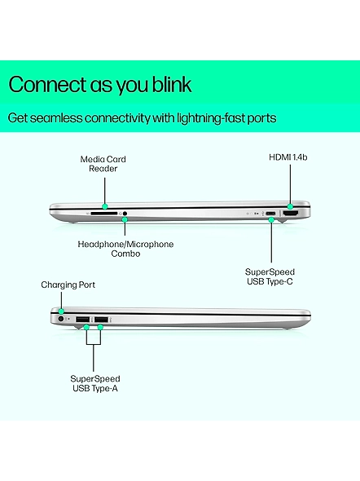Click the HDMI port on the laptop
291,214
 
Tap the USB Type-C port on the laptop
270,214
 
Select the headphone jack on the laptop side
125,214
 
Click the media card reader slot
104,213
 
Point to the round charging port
60,319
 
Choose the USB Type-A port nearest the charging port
83,320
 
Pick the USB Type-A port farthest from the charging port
102,320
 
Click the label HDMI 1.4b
288,157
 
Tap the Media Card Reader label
103,164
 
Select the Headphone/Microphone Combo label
125,249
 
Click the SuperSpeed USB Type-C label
270,276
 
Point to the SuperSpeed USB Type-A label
95,383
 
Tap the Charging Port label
68,285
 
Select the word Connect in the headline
47,84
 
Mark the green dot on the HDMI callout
290,206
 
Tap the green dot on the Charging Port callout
61,311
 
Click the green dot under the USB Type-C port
271,219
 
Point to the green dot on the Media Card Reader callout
105,205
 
